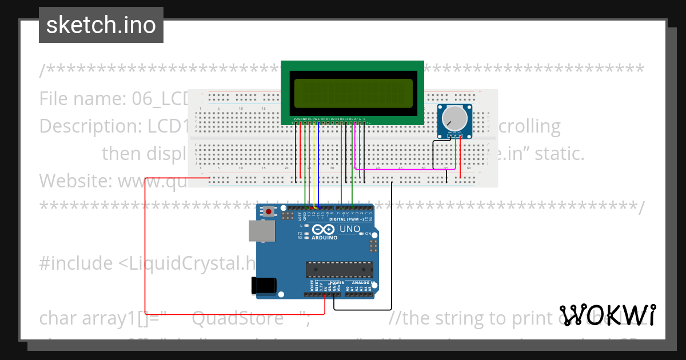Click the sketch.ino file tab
coord(101,25)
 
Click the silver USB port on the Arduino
coord(261,230)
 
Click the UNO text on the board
coord(350,229)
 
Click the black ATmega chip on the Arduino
coord(340,269)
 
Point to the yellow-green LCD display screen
coord(353,93)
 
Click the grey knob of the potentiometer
coord(455,118)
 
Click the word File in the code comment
coord(54,99)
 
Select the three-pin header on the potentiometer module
coord(455,134)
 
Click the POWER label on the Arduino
coord(337,282)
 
